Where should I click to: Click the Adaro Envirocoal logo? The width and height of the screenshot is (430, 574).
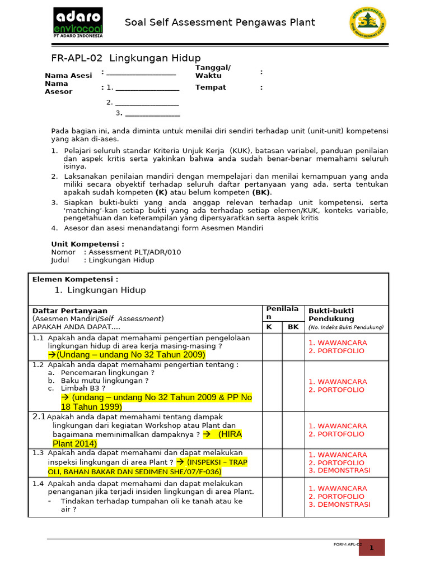click(x=78, y=23)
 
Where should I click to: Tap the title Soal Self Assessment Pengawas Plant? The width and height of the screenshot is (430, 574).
click(x=220, y=23)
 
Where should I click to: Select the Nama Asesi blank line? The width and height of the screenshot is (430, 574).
click(x=141, y=73)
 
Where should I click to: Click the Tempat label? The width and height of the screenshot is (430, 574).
click(x=211, y=87)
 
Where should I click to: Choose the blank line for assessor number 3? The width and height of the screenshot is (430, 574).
click(x=148, y=114)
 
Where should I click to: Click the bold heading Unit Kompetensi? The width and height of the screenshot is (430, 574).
click(x=87, y=244)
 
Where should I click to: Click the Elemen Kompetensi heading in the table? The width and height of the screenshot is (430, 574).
click(x=75, y=279)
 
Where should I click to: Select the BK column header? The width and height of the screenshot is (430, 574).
click(x=293, y=327)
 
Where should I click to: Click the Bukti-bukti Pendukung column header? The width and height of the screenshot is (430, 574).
click(x=331, y=314)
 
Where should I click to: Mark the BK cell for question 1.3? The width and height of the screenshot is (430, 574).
click(x=293, y=463)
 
